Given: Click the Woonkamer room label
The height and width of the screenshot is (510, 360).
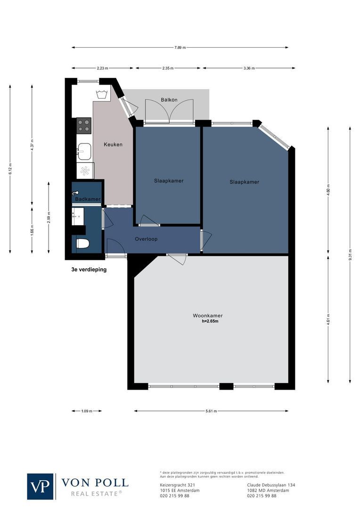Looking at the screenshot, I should [x=207, y=315].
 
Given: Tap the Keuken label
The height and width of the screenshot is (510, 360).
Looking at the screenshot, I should [x=113, y=144].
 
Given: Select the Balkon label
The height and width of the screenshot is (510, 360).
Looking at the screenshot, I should [x=169, y=100].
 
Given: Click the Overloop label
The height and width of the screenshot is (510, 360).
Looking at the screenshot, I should [x=146, y=239].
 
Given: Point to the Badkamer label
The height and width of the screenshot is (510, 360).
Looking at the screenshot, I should [x=88, y=199].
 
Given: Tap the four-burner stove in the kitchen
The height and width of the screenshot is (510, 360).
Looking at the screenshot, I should [x=84, y=125].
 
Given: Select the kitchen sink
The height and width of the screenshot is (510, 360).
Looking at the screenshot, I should [x=85, y=152].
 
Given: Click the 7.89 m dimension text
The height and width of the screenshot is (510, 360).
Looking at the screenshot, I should [x=180, y=47].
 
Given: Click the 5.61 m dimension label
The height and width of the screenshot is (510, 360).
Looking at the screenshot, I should [x=211, y=411].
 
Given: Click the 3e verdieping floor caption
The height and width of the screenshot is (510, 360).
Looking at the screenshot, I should [x=86, y=270].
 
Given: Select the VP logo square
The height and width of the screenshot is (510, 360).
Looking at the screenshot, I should [x=41, y=486].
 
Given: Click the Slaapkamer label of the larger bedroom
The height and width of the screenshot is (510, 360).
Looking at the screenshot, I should [x=244, y=182].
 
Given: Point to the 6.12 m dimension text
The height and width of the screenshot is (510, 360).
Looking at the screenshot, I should [x=10, y=169].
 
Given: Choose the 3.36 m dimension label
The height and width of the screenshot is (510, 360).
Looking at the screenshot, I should [x=249, y=68].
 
